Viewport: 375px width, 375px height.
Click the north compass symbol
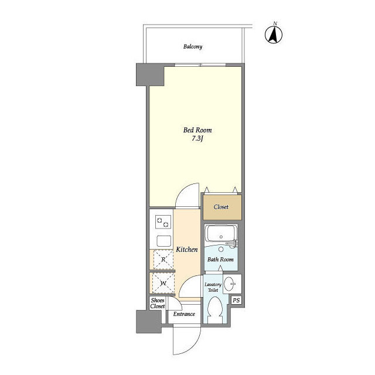pos(274,34)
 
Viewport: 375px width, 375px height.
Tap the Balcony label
pos(193,46)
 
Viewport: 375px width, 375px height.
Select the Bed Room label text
pos(197,130)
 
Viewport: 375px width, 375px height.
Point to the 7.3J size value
pos(197,139)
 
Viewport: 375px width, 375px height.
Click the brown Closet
pos(222,207)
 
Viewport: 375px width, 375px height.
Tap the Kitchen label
pos(187,250)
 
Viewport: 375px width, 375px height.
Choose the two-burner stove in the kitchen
pos(163,222)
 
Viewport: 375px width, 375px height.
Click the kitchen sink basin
pos(164,241)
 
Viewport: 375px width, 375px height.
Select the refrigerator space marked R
pos(163,260)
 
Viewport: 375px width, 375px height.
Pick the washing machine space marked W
pos(163,283)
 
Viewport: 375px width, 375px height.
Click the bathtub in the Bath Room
pos(221,233)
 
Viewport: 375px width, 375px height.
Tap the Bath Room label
pos(220,260)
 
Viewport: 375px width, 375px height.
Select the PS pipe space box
pos(236,300)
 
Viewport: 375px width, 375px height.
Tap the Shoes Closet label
pos(158,303)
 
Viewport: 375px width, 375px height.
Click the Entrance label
pos(184,314)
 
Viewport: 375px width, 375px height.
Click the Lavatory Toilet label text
pos(213,287)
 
